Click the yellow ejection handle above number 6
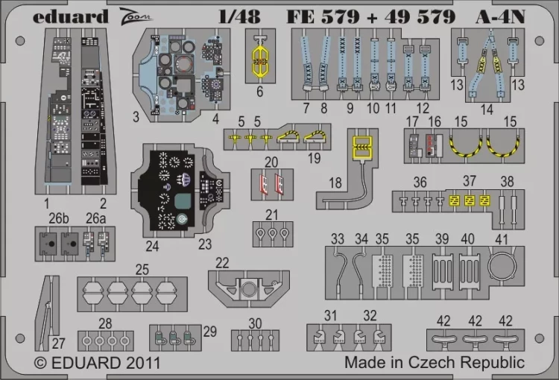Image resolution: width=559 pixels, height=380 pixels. (x=259, y=56)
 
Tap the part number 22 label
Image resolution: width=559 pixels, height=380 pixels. (x=222, y=262)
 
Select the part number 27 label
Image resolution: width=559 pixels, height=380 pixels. (x=58, y=343)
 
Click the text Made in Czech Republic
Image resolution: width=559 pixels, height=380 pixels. (x=435, y=363)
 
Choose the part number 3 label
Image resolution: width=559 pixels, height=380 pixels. (x=136, y=117)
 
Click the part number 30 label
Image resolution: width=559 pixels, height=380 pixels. (x=256, y=323)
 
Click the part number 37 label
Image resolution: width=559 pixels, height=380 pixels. (x=469, y=182)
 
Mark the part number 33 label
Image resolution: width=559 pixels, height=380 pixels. (x=338, y=238)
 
